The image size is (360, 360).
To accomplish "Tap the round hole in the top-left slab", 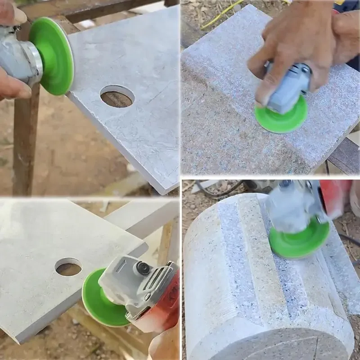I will tap(117, 96).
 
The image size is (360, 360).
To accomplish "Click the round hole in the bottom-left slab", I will tap(68, 267).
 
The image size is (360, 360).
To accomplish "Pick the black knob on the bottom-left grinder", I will tap(143, 267).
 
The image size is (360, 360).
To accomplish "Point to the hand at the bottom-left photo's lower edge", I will tap(164, 344).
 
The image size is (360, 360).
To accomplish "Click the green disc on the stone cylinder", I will tap(299, 238).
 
